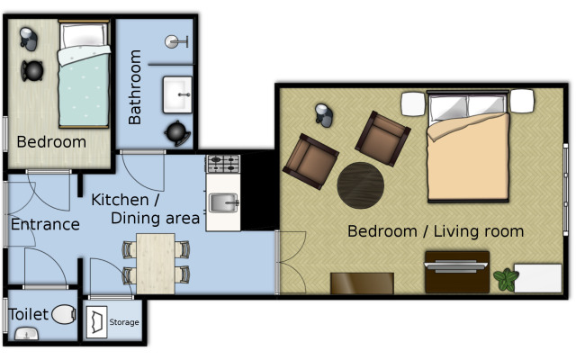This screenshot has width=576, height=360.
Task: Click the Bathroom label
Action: [x=135, y=87]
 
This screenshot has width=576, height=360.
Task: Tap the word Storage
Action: [x=124, y=322]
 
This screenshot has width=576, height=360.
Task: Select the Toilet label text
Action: [x=28, y=314]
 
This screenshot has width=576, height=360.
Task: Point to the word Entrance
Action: [x=45, y=224]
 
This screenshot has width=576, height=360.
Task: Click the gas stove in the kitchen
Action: [x=223, y=164]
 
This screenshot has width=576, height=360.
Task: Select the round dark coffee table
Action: [x=361, y=185]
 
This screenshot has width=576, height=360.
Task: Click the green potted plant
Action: [x=506, y=280]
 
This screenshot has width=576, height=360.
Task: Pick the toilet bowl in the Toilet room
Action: [x=64, y=314]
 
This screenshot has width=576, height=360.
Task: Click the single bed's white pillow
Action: [x=84, y=36]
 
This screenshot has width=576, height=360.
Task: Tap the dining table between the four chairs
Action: [x=156, y=264]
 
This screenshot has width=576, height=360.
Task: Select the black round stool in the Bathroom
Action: [x=177, y=132]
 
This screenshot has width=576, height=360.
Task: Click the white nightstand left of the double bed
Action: [x=413, y=104]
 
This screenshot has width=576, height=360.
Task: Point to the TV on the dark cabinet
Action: [x=456, y=266]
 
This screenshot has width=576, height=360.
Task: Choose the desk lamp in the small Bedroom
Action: [x=29, y=39]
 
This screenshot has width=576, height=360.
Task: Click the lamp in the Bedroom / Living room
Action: [x=324, y=115]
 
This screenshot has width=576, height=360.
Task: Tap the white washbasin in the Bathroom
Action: [x=177, y=94]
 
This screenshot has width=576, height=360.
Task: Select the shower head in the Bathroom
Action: [x=176, y=42]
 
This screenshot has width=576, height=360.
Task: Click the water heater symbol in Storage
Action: [x=96, y=322]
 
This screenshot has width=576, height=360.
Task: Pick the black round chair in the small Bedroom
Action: [x=32, y=70]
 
